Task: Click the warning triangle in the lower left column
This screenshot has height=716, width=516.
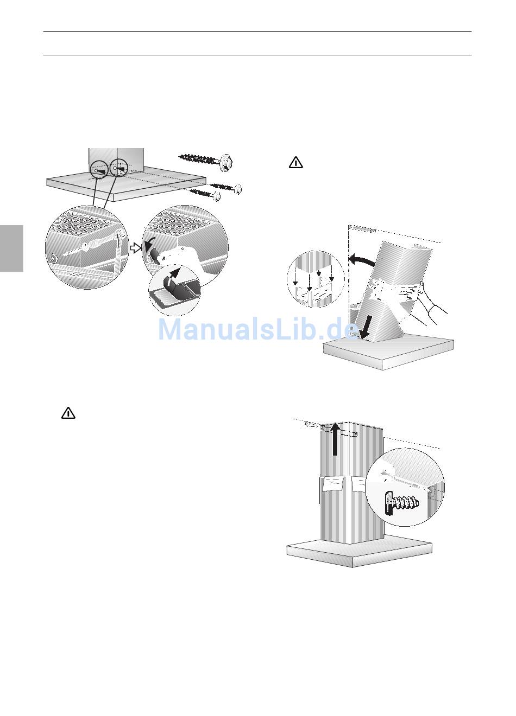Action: tap(68, 413)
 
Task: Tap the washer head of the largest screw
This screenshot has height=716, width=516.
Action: tap(226, 162)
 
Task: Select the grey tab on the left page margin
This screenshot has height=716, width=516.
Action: tap(11, 248)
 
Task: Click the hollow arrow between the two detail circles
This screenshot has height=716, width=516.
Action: tap(136, 248)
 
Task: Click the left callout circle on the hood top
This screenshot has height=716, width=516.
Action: tap(99, 169)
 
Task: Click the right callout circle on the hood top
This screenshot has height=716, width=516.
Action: tap(119, 168)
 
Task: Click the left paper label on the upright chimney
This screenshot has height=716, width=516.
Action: tap(333, 484)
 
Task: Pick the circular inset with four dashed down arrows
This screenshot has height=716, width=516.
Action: tap(316, 279)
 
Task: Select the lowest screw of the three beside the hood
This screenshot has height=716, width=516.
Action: tap(205, 194)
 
